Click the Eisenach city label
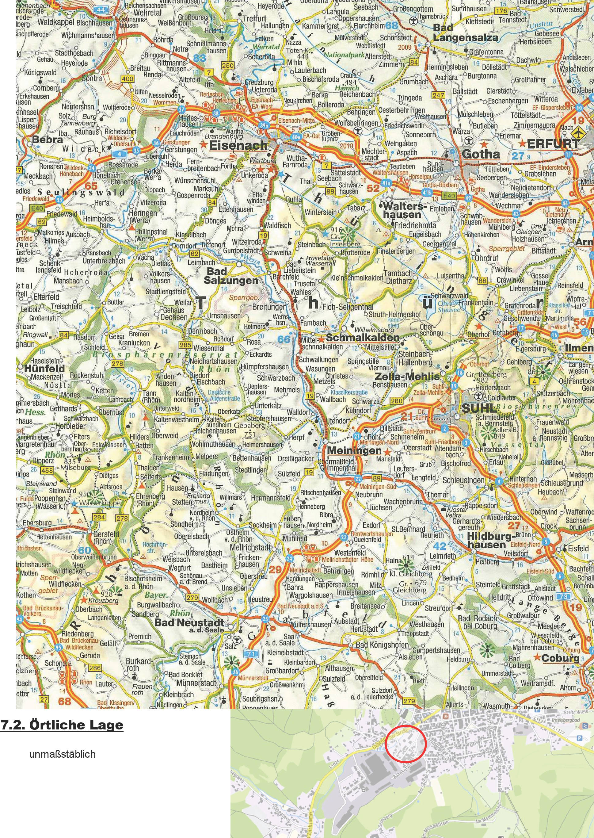click(238, 145)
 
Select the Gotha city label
click(481, 154)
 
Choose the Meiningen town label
click(354, 450)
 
